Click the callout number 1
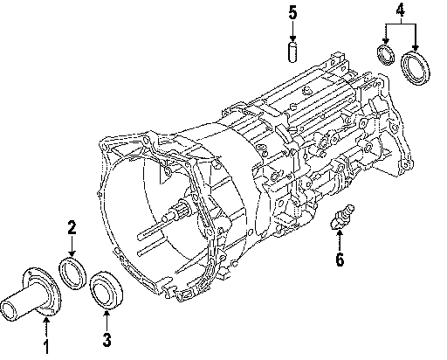click(x=46, y=347)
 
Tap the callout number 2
click(x=72, y=227)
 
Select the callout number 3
click(x=107, y=340)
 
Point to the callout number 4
click(x=401, y=10)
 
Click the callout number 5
click(x=292, y=13)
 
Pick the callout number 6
click(x=340, y=259)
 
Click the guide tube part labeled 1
click(x=31, y=294)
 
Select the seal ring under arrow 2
click(x=72, y=273)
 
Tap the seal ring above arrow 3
click(x=107, y=289)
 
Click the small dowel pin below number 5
click(x=292, y=52)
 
